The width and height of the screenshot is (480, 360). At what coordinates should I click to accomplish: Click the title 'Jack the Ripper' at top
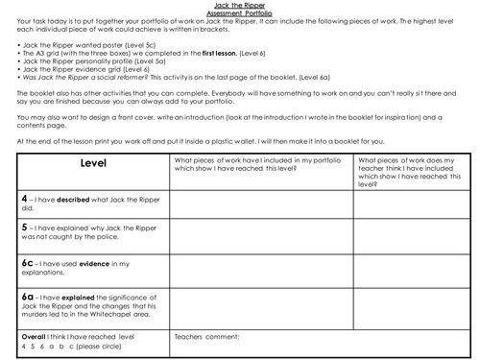click(x=240, y=5)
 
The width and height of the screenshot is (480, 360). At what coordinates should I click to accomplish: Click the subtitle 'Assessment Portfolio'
click(x=240, y=12)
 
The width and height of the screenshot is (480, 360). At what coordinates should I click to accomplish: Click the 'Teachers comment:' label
click(x=204, y=338)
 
